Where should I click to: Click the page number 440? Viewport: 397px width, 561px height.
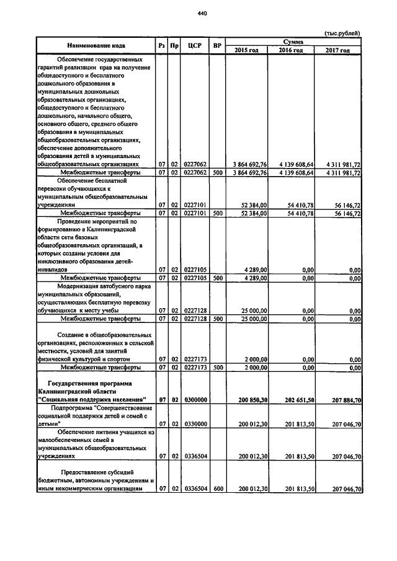click(202, 13)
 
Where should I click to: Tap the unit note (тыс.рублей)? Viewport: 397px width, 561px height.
click(342, 33)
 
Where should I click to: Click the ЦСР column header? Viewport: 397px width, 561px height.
click(197, 45)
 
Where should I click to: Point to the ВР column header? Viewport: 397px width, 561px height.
click(217, 45)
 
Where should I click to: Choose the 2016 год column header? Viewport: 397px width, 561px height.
click(291, 50)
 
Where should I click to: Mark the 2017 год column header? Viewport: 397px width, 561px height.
click(337, 50)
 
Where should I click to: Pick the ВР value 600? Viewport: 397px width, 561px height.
click(217, 488)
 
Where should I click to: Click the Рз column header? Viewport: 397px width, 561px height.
click(161, 45)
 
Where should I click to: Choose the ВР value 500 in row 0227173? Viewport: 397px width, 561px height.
click(217, 367)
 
